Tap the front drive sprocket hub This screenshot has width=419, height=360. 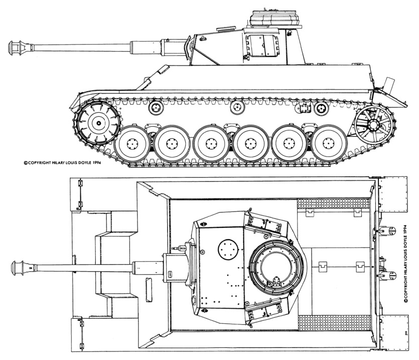tap(99, 123)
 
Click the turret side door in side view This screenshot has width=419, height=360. tap(262, 46)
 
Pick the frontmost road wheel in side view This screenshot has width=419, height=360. tap(132, 144)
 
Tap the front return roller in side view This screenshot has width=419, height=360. tap(156, 108)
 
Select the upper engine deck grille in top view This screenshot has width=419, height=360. tap(334, 204)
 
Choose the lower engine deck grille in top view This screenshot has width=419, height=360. tap(334, 322)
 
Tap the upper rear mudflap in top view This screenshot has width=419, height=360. tap(393, 194)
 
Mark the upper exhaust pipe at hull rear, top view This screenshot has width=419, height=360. tap(387, 230)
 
